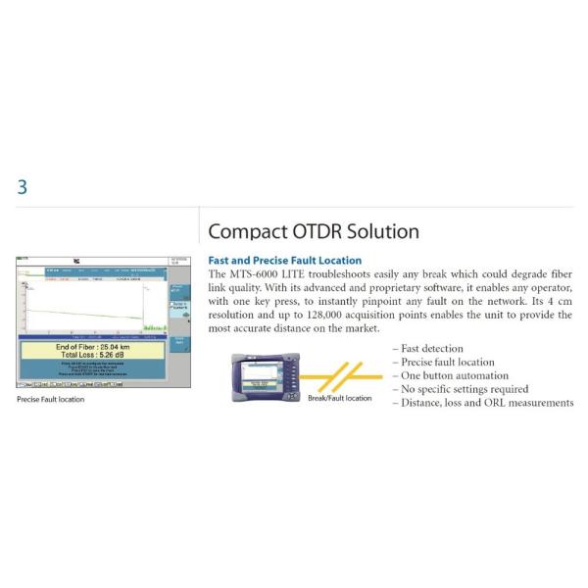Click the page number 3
tap(23, 187)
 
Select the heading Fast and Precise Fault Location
tap(285, 261)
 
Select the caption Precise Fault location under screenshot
tap(51, 400)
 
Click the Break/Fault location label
tap(339, 398)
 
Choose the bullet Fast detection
tap(432, 349)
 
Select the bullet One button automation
tap(456, 376)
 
